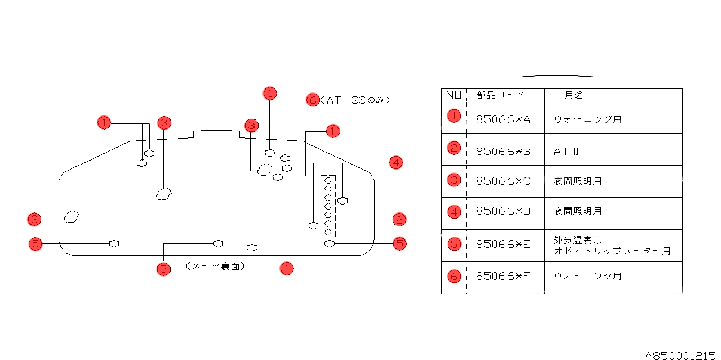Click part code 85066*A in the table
coord(503,119)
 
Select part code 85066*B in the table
coord(503,151)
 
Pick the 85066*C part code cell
coord(503,181)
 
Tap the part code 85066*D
coord(503,211)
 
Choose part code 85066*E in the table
coord(503,244)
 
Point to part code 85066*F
coord(503,277)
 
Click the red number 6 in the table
coord(454,276)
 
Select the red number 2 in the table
coord(454,148)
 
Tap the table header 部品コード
coord(500,95)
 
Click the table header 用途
coord(573,95)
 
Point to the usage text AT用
coord(566,151)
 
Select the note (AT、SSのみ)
coord(355,100)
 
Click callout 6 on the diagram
coord(312,100)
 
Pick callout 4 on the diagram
coord(396,163)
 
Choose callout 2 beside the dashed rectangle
coord(399,220)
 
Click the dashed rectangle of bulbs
coord(328,206)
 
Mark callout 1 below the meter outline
coord(287,268)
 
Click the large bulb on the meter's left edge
coord(72,216)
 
